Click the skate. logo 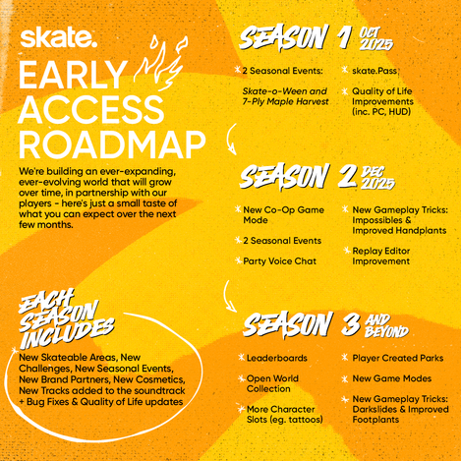(x=58, y=37)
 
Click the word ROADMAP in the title (x=112, y=144)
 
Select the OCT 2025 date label (x=376, y=38)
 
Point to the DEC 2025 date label (x=377, y=178)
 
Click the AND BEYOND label (x=387, y=325)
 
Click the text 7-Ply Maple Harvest (x=285, y=101)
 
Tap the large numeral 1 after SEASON (x=345, y=37)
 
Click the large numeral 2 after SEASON (x=347, y=176)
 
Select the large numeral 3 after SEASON (x=351, y=324)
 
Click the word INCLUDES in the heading (x=68, y=333)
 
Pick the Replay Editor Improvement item (x=381, y=256)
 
